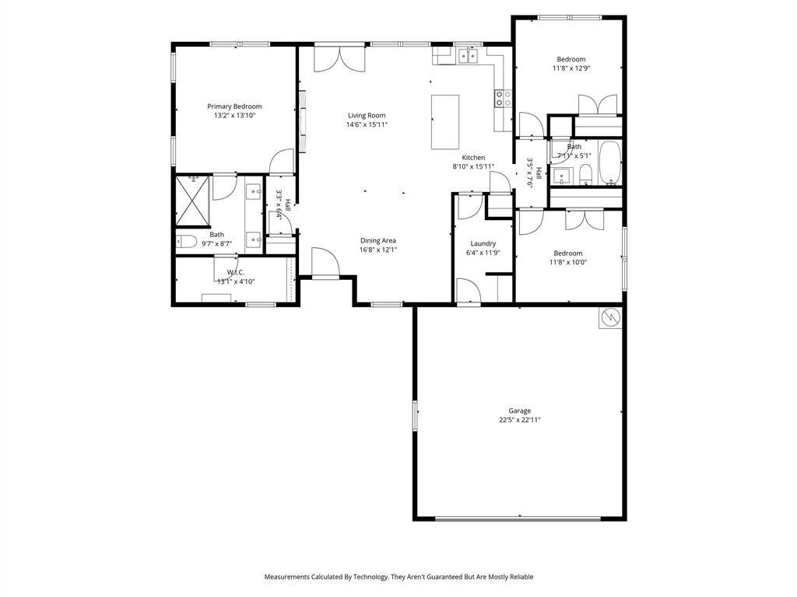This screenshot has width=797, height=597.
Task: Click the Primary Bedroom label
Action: (x=234, y=106)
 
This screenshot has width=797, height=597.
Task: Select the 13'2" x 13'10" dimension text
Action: (x=234, y=116)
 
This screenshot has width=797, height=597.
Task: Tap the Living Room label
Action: (x=367, y=115)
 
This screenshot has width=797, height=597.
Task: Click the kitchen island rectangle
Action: (x=445, y=121)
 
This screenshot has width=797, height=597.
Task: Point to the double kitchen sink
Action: (x=468, y=55)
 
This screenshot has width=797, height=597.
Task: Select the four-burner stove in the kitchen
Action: (x=503, y=98)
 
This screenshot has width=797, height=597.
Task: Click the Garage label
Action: (x=520, y=410)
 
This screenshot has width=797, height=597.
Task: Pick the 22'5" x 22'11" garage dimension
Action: (x=520, y=420)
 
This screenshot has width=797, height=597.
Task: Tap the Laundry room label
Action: (x=483, y=243)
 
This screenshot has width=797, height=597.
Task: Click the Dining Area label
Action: (x=378, y=240)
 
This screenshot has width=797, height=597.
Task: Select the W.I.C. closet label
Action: (x=236, y=272)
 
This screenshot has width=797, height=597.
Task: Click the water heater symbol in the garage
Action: (x=610, y=317)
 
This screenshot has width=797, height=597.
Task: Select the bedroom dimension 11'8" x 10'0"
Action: (x=568, y=262)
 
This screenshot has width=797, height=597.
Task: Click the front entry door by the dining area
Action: (x=325, y=262)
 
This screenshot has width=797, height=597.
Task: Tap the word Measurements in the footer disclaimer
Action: (x=290, y=577)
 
